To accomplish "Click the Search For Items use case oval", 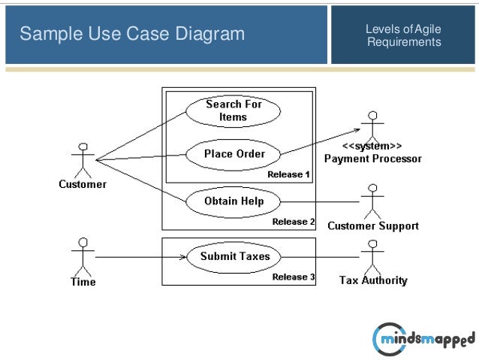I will coord(233,110).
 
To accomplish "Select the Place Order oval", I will coord(234,154).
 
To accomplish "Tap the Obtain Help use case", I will coord(233,201).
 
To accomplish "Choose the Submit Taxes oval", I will coord(234,256).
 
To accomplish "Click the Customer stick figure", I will coord(83,159).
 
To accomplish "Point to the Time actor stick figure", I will coord(83,256).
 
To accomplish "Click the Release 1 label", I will coord(289,174).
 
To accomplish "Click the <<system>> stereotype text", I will coord(372,146).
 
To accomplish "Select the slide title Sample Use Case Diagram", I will coord(132,34).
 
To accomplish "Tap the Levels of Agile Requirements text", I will coord(403,35).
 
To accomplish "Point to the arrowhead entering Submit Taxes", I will coord(182,257).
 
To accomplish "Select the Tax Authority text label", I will coord(373,280).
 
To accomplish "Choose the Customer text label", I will coord(83,184).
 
